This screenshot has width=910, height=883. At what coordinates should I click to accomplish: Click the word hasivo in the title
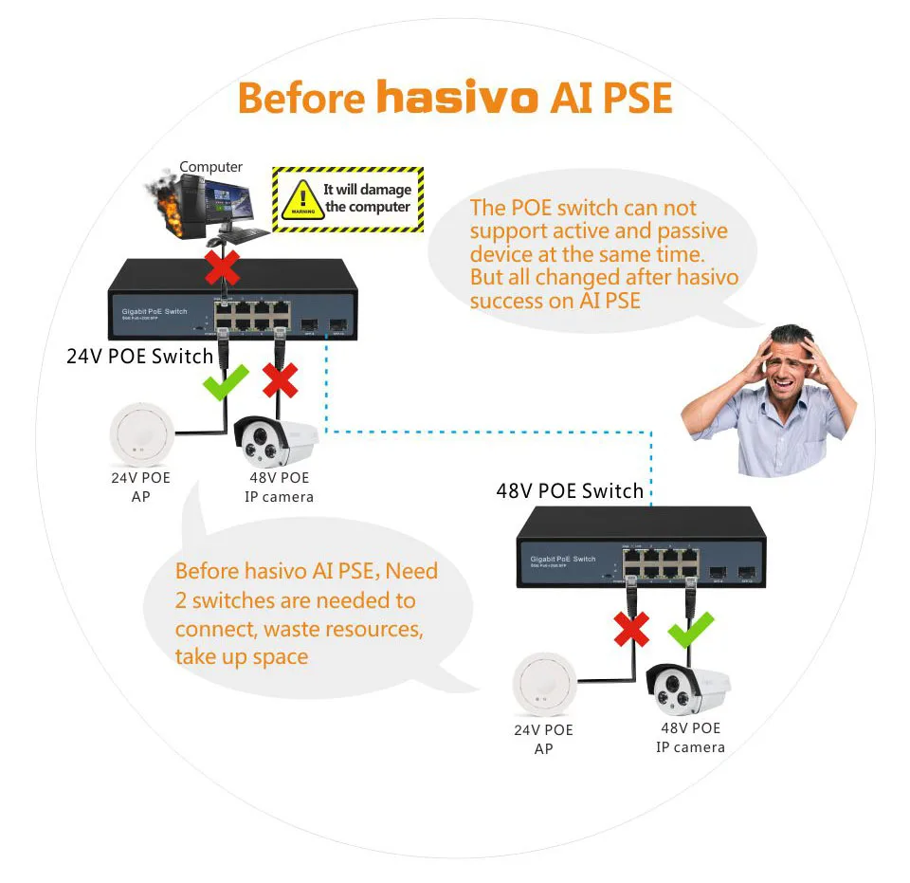[x=456, y=98]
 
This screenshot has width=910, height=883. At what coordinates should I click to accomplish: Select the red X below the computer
[x=223, y=268]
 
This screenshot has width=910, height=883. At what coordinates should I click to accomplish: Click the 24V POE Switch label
[x=139, y=357]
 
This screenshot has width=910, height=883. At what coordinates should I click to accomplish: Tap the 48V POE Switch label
[x=570, y=490]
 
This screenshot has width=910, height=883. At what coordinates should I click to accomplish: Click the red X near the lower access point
[x=631, y=627]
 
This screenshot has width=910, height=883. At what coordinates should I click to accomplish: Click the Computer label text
[x=210, y=167]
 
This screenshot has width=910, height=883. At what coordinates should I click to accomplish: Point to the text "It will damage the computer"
[x=367, y=198]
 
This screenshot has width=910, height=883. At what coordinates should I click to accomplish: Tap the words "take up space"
[x=242, y=656]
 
